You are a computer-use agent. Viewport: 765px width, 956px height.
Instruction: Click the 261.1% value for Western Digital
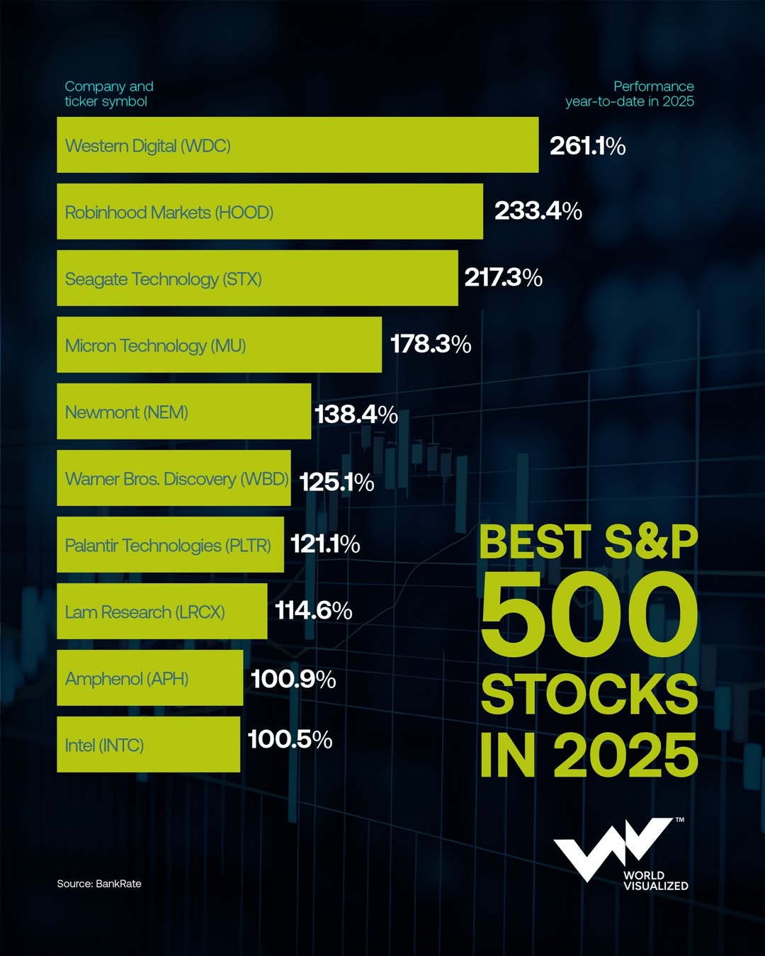point(587,146)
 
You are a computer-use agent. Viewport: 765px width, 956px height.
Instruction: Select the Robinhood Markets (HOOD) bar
point(270,212)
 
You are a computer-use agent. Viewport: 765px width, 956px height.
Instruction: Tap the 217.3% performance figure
point(503,278)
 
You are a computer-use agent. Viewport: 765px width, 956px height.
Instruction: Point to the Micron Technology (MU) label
point(155,346)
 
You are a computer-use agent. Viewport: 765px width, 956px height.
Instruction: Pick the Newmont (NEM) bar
point(183,412)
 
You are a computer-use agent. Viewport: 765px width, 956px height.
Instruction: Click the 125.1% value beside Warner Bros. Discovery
point(336,483)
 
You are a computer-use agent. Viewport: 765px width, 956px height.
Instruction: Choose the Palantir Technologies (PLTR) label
point(168,546)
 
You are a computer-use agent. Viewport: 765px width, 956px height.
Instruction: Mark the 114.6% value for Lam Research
point(313,610)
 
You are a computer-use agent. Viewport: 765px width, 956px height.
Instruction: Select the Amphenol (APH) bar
point(149,679)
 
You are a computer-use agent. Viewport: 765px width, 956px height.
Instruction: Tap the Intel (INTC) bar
point(148,745)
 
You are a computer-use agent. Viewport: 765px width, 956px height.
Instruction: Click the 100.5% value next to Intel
point(290,740)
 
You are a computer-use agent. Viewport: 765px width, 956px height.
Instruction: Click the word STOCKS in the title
point(589,694)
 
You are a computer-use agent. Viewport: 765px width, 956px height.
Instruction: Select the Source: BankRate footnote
point(99,884)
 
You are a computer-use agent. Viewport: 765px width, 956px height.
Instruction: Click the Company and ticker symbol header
point(109,94)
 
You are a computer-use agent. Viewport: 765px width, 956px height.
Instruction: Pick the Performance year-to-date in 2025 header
point(630,94)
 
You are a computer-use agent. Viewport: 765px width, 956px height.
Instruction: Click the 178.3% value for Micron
point(431,344)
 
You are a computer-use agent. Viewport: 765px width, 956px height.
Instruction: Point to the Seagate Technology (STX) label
point(163,279)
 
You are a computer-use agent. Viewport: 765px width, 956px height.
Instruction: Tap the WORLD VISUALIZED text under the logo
point(655,880)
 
